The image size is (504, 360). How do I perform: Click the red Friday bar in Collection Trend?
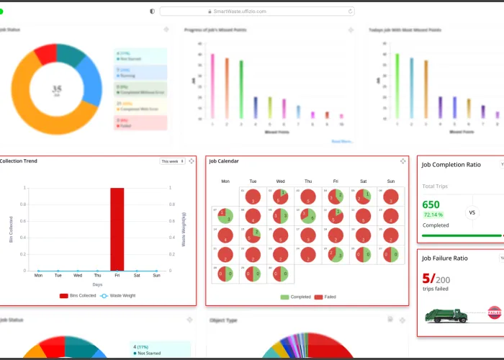(117, 229)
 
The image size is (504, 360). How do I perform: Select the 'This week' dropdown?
(172, 161)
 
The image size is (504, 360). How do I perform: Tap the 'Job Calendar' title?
(224, 161)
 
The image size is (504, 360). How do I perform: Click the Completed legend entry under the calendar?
(296, 297)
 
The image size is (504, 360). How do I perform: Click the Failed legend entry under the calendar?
(328, 297)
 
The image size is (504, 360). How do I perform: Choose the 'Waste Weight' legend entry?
(120, 295)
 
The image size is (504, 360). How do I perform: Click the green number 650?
(431, 204)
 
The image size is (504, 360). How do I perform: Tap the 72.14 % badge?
(433, 215)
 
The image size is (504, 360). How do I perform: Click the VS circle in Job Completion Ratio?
(473, 212)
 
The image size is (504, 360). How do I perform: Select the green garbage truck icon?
(446, 315)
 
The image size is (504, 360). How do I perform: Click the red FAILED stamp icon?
(495, 312)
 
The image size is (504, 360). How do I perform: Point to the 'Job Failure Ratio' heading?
(444, 258)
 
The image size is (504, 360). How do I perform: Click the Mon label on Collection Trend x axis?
(38, 275)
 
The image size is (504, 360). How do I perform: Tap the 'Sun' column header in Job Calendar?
(391, 181)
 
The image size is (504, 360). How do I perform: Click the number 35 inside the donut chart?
(57, 89)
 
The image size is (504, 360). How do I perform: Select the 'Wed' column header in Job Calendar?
(280, 181)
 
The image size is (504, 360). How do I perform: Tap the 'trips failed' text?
(436, 289)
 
